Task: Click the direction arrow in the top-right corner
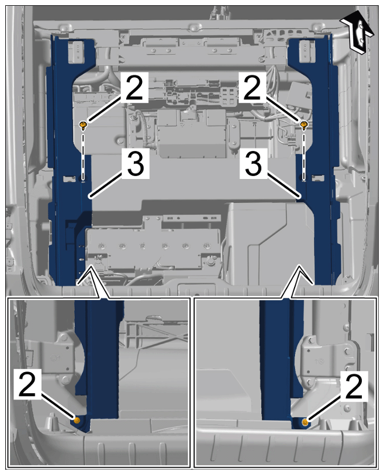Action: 356,33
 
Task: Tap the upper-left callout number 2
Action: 134,87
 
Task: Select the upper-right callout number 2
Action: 252,87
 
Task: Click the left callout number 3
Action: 136,163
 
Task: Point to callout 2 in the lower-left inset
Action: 27,384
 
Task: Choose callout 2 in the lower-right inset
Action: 354,386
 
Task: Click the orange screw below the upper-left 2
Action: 83,125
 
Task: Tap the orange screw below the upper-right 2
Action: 304,125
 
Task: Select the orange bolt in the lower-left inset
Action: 77,420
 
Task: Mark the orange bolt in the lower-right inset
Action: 305,422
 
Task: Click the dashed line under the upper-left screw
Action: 83,155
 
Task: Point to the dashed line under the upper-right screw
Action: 304,155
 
